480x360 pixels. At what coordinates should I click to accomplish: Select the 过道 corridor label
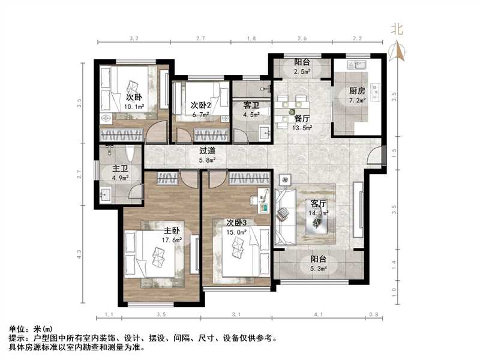click(208, 151)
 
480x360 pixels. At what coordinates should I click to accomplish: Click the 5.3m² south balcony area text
click(319, 269)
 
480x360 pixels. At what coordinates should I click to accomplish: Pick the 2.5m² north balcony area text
click(302, 72)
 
